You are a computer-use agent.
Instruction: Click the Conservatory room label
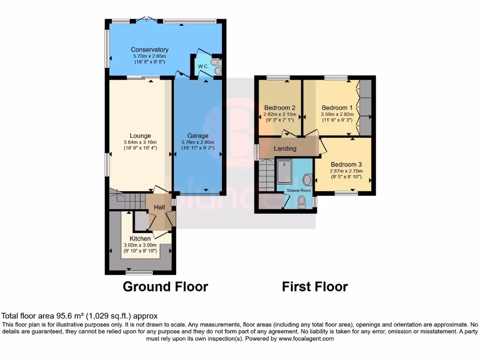tap(150, 50)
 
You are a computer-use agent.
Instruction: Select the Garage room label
tap(197, 136)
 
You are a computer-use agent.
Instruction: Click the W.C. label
tap(203, 66)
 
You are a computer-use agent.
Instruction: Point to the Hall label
tap(159, 207)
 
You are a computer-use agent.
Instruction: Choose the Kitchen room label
tap(140, 239)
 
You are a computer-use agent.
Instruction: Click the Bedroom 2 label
tap(279, 107)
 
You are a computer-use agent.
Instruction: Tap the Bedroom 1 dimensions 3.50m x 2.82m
tap(337, 114)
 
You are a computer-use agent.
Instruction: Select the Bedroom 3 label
tap(346, 165)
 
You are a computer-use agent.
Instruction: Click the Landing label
tap(285, 149)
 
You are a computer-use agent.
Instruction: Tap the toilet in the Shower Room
tap(302, 201)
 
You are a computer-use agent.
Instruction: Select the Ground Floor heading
tap(165, 286)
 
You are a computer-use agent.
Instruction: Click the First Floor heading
tap(315, 286)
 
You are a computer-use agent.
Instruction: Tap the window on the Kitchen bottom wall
tap(140, 272)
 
